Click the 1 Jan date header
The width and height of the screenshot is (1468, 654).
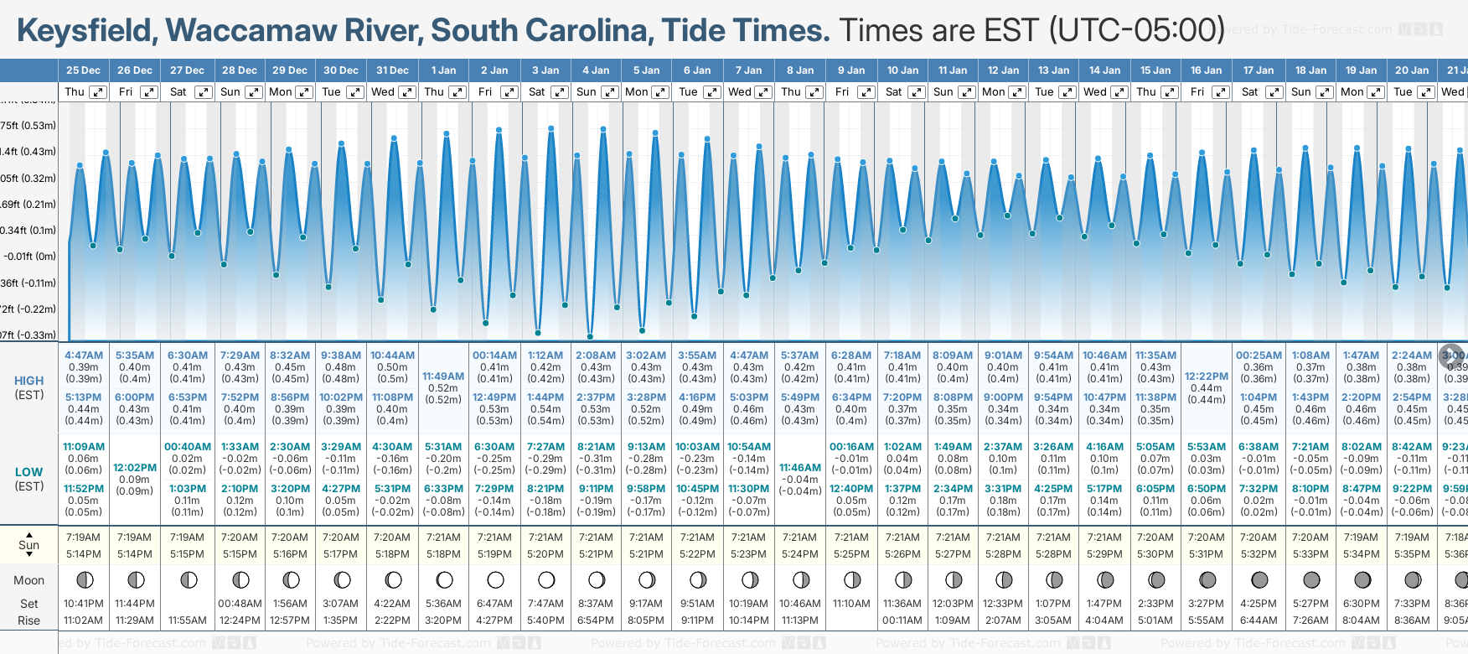click(443, 70)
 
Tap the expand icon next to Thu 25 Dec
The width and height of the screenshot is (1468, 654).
click(98, 92)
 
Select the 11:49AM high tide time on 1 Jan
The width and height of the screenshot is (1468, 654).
click(443, 376)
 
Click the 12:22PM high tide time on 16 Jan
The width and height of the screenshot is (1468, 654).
click(1207, 376)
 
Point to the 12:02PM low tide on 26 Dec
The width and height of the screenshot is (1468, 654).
click(135, 468)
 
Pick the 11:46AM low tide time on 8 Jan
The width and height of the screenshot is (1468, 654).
click(800, 468)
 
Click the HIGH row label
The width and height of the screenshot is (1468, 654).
click(28, 381)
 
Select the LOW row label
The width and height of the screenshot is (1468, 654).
click(28, 472)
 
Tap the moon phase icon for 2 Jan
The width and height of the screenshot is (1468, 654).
click(495, 580)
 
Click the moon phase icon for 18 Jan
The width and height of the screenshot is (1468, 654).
click(1311, 580)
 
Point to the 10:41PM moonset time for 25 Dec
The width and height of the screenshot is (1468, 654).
click(84, 604)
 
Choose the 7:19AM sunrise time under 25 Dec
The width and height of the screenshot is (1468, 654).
click(84, 537)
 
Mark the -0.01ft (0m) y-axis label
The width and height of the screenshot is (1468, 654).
click(29, 257)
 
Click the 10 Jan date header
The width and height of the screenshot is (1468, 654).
click(902, 70)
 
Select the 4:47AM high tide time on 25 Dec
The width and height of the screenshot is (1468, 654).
click(84, 356)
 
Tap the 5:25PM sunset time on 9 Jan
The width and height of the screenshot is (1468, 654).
click(851, 554)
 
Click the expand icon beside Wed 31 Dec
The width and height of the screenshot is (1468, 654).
click(406, 92)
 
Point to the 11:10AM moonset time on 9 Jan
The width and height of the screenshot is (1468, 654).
click(851, 604)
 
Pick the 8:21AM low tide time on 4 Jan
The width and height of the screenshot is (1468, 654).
click(596, 447)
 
